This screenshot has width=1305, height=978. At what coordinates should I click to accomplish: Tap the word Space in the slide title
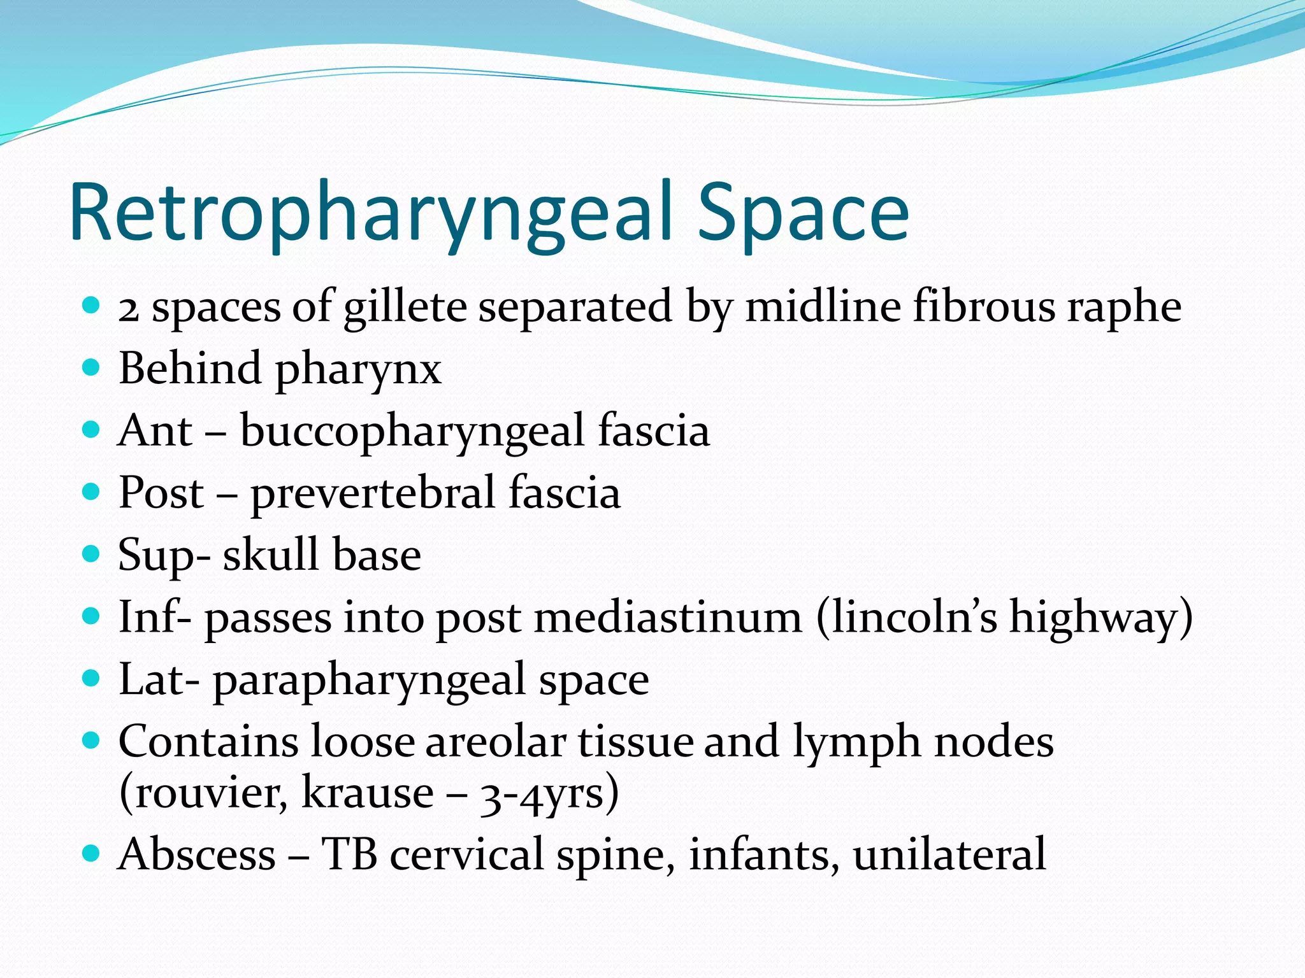click(x=803, y=213)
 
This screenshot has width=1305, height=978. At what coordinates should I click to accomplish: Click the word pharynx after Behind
click(x=358, y=370)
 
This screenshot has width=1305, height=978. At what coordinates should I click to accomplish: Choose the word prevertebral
click(x=373, y=493)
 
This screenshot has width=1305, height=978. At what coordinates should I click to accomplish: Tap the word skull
click(x=270, y=555)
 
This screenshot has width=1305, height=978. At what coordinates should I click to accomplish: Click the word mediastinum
click(x=668, y=618)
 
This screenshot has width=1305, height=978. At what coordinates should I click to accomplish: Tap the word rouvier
click(x=207, y=793)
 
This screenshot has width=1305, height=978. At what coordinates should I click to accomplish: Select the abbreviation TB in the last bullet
click(x=349, y=854)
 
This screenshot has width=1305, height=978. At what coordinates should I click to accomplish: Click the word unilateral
click(x=949, y=854)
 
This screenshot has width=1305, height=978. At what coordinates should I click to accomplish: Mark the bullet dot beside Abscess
click(x=92, y=853)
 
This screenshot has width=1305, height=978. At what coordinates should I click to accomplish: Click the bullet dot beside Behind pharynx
click(x=92, y=367)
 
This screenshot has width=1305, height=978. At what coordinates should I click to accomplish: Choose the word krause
click(x=367, y=793)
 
